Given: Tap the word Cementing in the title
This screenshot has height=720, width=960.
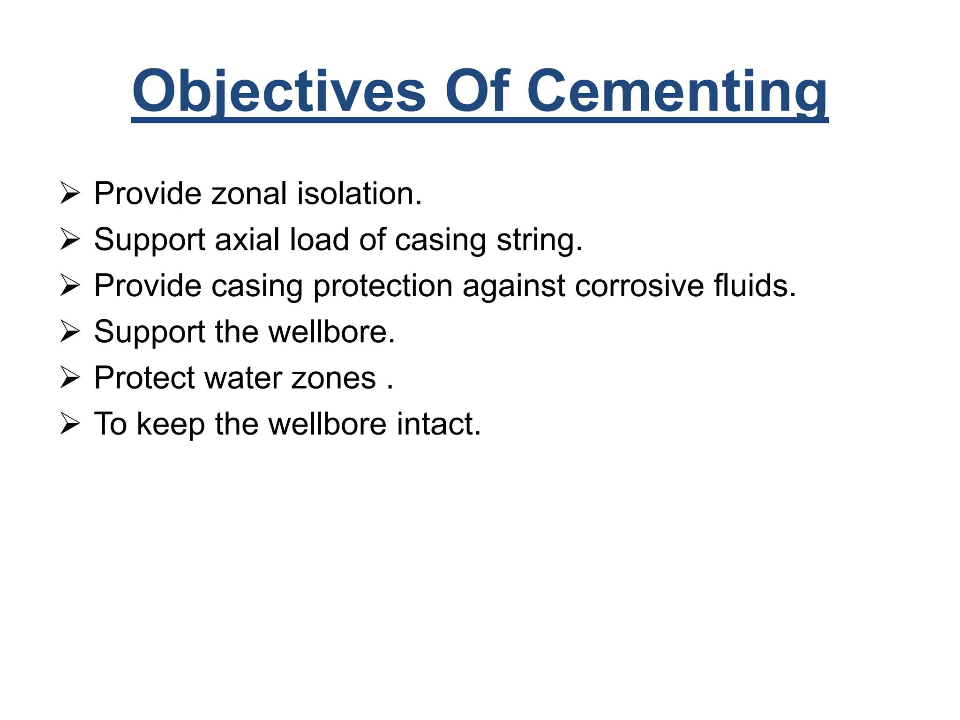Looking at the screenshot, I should [x=677, y=91].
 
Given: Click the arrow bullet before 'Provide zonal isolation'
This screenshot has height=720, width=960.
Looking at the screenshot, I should [x=70, y=193].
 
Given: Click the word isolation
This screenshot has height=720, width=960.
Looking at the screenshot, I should [x=360, y=193].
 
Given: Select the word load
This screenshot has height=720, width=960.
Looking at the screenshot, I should [x=319, y=240].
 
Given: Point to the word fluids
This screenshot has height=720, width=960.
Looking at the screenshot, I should [x=754, y=285].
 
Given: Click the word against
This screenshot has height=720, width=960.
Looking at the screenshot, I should [x=514, y=286].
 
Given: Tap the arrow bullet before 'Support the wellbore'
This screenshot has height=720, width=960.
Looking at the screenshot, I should [x=70, y=331].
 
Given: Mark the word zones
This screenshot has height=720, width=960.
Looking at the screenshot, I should [x=333, y=378].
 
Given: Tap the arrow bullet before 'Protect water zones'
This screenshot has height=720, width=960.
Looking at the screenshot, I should [x=70, y=378].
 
